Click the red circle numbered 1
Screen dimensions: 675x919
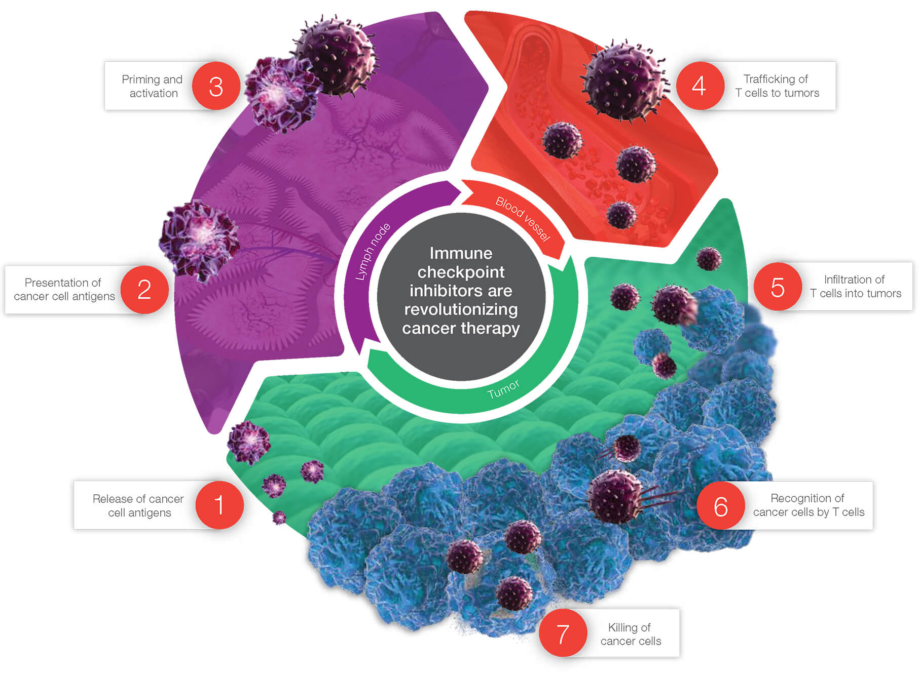219,505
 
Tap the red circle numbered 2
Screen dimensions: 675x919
144,289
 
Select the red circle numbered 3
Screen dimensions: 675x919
216,86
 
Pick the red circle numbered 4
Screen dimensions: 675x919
699,86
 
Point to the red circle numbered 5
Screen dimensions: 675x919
778,287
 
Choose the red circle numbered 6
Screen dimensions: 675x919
721,506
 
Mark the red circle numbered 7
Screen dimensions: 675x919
563,633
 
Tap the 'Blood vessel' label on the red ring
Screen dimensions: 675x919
523,219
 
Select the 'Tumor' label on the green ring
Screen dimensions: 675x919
503,389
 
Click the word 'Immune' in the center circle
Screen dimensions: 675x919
461,253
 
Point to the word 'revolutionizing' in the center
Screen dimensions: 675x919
461,309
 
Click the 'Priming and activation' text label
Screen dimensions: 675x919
153,86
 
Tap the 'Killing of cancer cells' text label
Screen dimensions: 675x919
630,634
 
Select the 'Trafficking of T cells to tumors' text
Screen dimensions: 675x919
777,86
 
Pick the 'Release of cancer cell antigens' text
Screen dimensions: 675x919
138,505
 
